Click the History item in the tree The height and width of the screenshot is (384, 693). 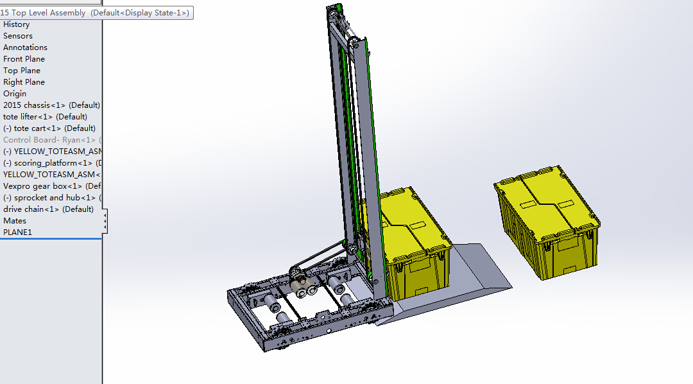(17, 24)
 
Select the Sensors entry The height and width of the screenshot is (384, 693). (18, 36)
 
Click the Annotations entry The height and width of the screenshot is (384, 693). (25, 48)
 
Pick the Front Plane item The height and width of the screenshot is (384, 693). (24, 59)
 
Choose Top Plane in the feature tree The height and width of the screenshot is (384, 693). (22, 71)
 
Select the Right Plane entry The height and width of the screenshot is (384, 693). (24, 82)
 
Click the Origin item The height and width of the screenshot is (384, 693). (15, 94)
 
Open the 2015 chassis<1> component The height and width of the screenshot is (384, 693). (51, 105)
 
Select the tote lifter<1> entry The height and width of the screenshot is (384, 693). (45, 117)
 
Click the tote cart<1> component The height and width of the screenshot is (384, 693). (49, 128)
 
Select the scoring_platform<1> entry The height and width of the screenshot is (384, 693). (51, 163)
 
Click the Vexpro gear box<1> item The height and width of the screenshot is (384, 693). (51, 186)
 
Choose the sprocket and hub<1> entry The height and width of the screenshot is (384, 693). (51, 198)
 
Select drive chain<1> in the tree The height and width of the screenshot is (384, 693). (48, 209)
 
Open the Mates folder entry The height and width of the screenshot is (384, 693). (15, 221)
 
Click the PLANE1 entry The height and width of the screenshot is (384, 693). (17, 232)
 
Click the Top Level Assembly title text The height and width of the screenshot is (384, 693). (45, 13)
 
